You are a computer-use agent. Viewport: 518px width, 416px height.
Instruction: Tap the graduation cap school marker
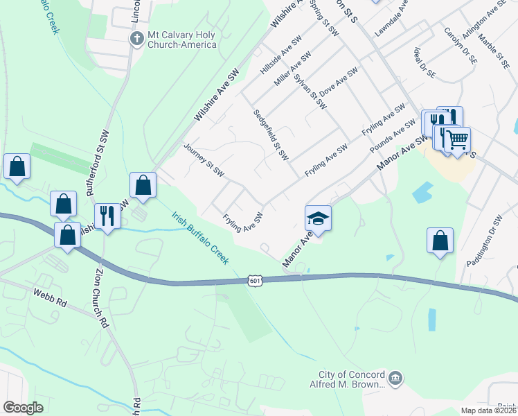point(318,218)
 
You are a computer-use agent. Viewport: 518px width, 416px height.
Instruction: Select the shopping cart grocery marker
point(457,140)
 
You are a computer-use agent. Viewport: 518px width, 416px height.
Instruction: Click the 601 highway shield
point(255,280)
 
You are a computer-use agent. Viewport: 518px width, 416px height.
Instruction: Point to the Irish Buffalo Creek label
point(200,236)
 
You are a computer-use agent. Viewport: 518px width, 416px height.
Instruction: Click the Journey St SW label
point(203,159)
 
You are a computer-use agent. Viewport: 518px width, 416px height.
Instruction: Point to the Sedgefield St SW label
point(271,135)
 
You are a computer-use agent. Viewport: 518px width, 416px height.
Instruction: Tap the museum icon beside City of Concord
point(394,378)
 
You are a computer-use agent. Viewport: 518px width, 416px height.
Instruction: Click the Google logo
point(23,408)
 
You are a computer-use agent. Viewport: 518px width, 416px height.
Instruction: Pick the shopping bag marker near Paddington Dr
point(440,241)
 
